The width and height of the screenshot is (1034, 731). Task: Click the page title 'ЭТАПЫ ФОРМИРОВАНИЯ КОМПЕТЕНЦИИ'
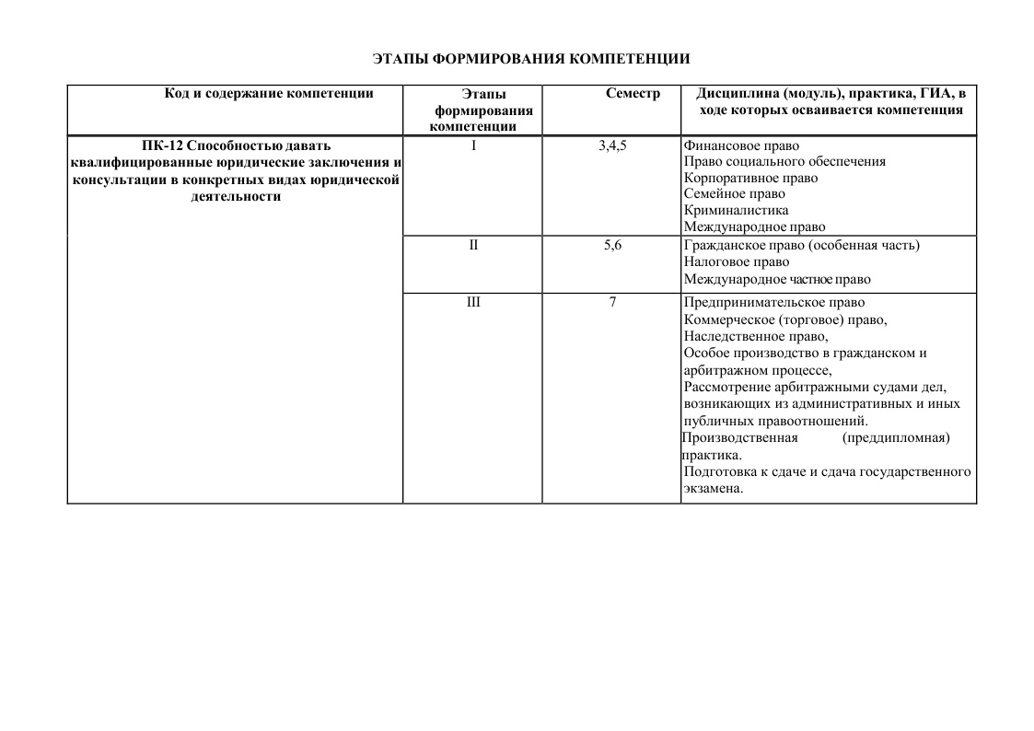531,59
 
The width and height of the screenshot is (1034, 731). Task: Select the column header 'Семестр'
633,94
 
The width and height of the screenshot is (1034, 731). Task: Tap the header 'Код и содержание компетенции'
269,93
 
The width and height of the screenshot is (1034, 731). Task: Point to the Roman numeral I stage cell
473,145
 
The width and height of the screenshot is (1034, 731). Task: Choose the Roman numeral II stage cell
473,245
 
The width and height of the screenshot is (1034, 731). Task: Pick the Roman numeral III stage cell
473,302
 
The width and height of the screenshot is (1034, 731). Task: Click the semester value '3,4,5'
612,145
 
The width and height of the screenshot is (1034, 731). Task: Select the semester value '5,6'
612,245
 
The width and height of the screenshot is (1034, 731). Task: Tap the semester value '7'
612,302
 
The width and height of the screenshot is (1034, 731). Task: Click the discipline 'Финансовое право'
741,145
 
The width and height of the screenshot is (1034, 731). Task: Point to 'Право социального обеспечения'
784,161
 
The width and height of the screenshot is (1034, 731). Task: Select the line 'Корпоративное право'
750,178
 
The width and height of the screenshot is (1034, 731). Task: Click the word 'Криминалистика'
736,210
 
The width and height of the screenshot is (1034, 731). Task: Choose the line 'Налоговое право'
737,261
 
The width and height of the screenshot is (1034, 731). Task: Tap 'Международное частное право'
776,279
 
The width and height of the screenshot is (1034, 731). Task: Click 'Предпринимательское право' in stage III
774,302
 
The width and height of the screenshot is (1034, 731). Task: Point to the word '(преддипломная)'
895,437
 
